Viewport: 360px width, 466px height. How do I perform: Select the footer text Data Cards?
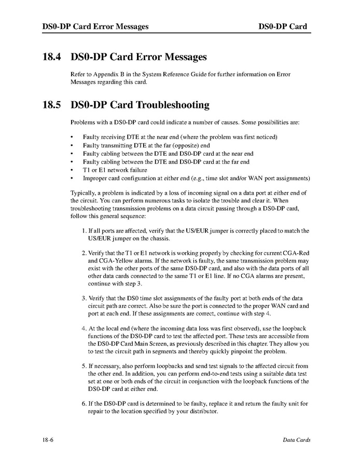[297, 440]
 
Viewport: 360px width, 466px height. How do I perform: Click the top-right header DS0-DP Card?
[283, 26]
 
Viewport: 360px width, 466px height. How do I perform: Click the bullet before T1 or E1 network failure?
[72, 170]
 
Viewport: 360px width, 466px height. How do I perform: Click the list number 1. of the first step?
[85, 230]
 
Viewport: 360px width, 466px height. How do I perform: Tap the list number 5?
[85, 366]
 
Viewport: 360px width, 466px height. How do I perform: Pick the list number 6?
[85, 404]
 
